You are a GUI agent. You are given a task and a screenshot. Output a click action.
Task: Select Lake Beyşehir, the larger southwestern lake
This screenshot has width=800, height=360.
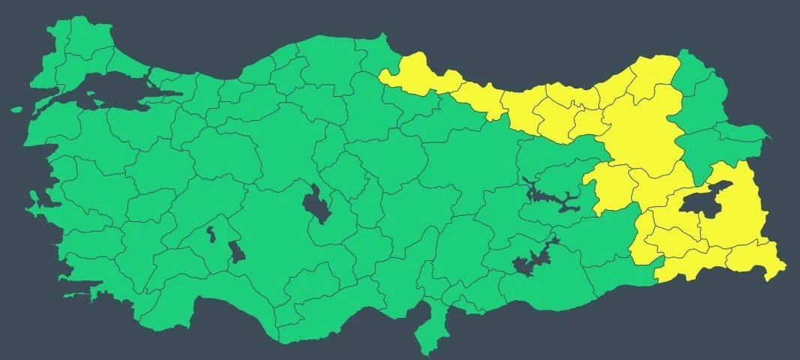(237, 251)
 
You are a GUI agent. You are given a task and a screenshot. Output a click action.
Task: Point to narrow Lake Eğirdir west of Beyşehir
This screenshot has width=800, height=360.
(211, 235)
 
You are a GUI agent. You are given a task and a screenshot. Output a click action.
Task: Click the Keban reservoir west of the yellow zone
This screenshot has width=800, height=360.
(551, 197)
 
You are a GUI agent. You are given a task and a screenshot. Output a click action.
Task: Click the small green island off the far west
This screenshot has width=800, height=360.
(16, 109)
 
